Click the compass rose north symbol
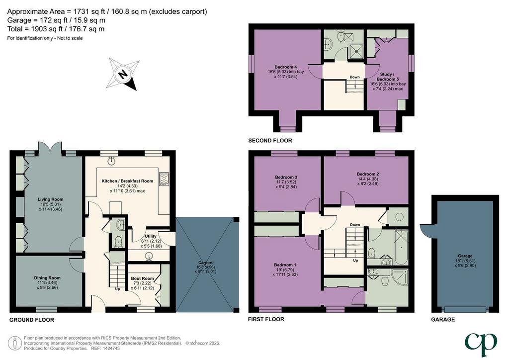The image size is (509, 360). [x=123, y=75]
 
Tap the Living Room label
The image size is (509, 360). [x=50, y=199]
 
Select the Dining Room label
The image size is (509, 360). [x=47, y=278]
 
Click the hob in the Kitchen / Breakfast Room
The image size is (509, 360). [x=164, y=179]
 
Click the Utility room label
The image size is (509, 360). [x=150, y=236]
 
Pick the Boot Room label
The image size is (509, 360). [x=142, y=278]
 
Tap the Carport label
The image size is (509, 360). [x=205, y=263]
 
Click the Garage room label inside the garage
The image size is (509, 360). [x=465, y=256]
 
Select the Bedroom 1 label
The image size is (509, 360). [x=285, y=265]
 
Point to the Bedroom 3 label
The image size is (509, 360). [x=286, y=177]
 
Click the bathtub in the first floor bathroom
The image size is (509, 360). [x=401, y=247]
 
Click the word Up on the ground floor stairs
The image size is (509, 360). [x=117, y=289]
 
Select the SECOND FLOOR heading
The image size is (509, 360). [x=270, y=141]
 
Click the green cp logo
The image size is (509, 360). [x=481, y=344]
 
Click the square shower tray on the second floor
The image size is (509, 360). [x=356, y=51]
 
